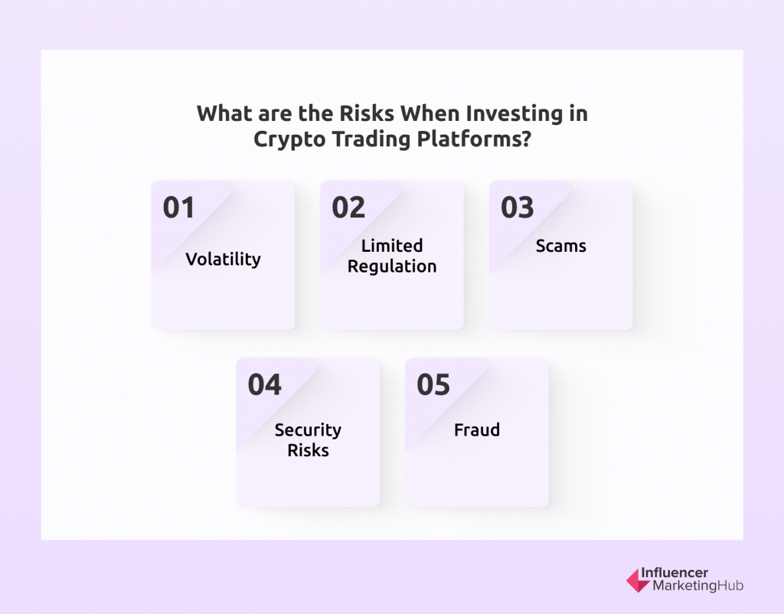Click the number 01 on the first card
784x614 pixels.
(178, 207)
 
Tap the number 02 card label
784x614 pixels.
(348, 207)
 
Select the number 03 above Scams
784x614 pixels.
(518, 207)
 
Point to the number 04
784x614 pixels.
(264, 384)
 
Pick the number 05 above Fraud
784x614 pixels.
(433, 384)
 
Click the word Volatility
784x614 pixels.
(223, 260)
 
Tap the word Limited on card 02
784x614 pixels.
(392, 246)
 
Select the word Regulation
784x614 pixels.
(392, 266)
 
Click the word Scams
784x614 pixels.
(561, 246)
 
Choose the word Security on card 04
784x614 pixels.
(308, 430)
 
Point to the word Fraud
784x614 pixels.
(477, 430)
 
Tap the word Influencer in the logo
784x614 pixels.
(675, 573)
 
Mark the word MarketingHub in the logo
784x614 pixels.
(698, 586)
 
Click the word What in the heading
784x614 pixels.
(225, 113)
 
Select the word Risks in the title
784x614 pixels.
(367, 113)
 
